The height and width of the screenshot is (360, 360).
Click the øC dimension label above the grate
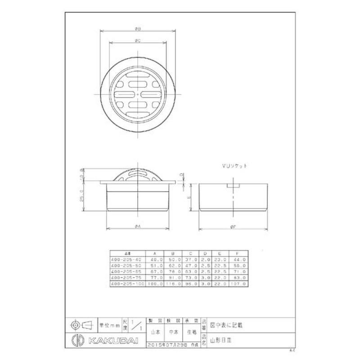(138, 40)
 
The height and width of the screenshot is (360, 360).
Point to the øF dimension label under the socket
(234, 227)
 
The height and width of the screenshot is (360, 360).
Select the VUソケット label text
(234, 166)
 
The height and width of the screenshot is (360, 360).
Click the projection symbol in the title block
(81, 324)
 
